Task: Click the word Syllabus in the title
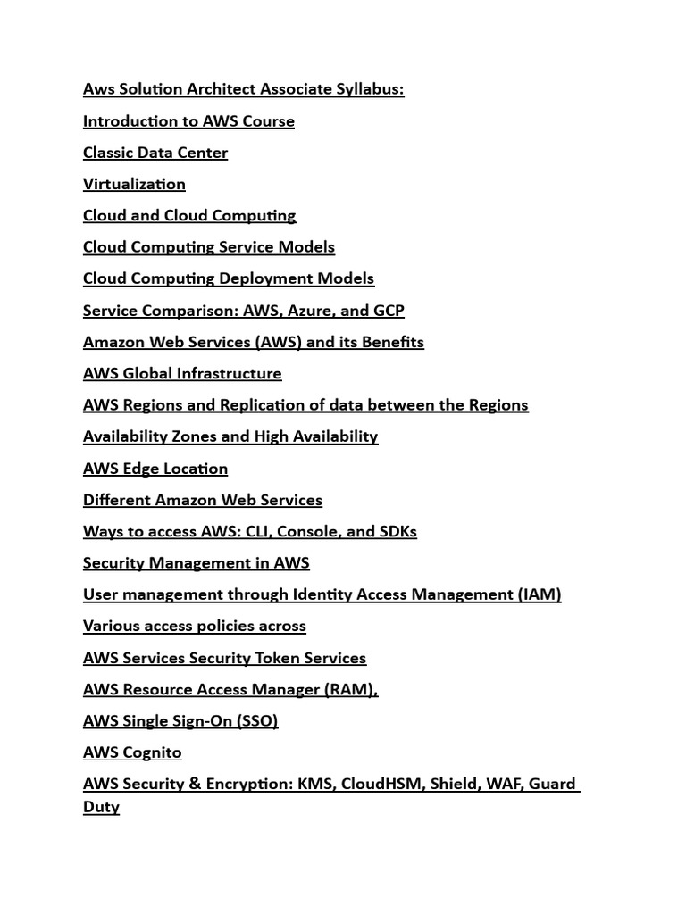tap(368, 89)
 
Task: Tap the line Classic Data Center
tap(155, 153)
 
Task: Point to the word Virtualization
tap(134, 184)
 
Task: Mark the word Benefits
tap(392, 342)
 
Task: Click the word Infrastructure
tap(228, 373)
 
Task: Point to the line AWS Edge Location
tap(155, 469)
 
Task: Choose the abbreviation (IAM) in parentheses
tap(539, 594)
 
